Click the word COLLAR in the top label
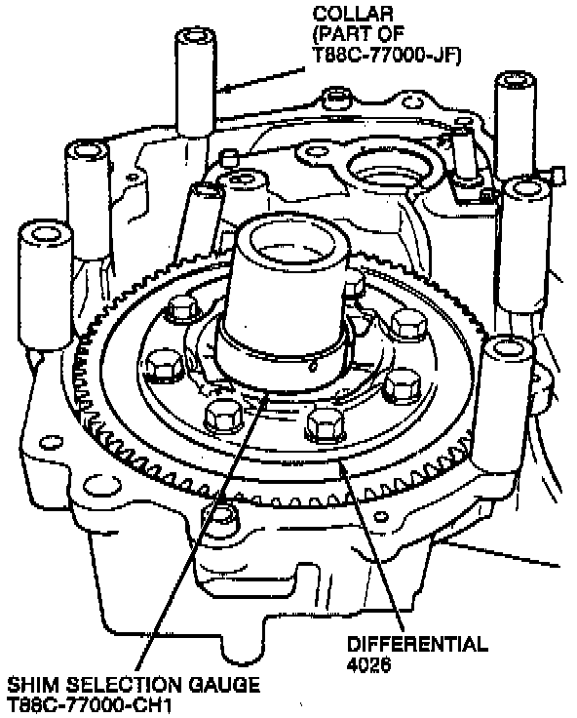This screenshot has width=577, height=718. (353, 14)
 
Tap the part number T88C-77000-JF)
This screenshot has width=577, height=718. (387, 54)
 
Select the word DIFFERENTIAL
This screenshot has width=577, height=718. (417, 644)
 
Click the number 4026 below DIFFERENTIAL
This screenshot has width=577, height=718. (369, 664)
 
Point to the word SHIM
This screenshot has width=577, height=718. (33, 685)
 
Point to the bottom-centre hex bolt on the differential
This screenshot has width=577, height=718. (324, 423)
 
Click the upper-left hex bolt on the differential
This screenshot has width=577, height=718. (182, 307)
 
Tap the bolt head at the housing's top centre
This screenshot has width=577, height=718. (336, 99)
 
